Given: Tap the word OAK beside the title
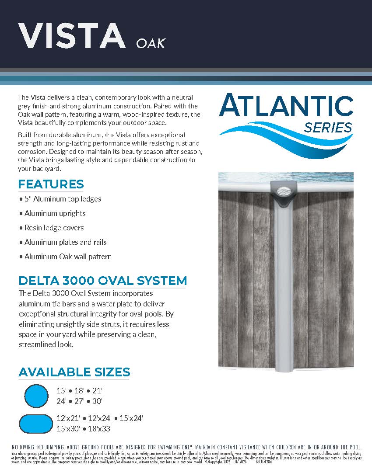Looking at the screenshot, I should (151, 44).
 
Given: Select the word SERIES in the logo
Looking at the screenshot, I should (328, 128).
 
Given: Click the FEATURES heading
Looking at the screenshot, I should (51, 184).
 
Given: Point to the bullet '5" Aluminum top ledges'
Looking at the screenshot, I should (63, 199).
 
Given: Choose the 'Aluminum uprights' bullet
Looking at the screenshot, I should (55, 213).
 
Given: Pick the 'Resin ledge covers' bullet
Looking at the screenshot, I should (54, 228).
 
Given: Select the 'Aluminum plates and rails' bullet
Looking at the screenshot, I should (65, 242).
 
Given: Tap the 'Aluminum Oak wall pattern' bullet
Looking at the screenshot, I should (68, 257).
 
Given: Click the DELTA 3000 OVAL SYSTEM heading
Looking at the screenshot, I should (103, 281).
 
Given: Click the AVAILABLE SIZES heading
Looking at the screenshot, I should (74, 372).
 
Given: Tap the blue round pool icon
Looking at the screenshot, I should (36, 396).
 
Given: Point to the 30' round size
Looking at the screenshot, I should (97, 401).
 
